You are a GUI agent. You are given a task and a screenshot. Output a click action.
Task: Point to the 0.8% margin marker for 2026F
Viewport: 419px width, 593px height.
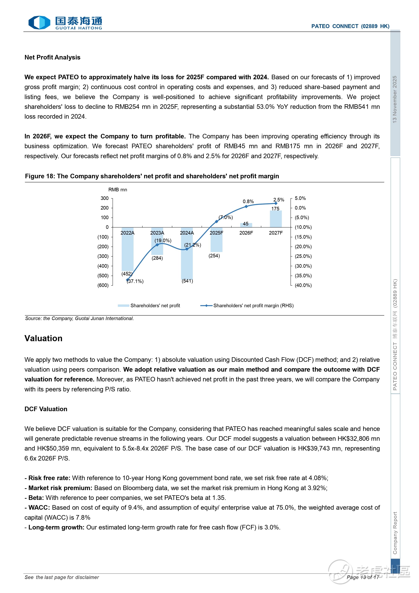tap(246, 206)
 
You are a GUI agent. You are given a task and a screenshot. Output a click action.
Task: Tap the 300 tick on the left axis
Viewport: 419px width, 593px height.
tap(105, 198)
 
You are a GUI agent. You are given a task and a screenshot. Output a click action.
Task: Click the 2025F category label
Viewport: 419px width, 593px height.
tap(216, 233)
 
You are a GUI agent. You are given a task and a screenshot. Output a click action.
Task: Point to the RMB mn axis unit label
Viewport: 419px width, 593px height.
tap(118, 190)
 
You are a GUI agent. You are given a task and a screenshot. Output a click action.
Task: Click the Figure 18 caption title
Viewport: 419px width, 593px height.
tap(152, 176)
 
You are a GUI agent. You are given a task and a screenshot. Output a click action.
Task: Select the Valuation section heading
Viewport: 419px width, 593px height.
tap(43, 338)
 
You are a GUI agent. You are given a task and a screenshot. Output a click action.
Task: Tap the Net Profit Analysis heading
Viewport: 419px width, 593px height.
tap(52, 57)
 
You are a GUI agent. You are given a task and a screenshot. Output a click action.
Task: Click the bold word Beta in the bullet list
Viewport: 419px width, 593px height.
tap(36, 498)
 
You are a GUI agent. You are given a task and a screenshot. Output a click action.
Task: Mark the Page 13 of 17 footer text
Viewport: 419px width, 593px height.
tap(363, 577)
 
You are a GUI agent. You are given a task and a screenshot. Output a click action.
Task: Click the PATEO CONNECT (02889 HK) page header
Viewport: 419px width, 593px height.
tap(350, 26)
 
